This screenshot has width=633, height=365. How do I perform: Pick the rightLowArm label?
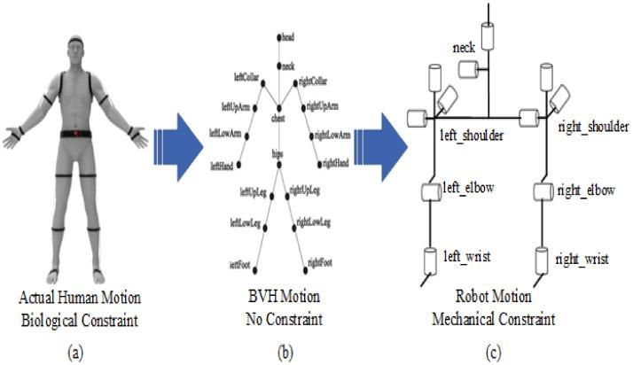tap(332, 136)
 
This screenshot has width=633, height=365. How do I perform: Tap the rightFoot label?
tap(321, 262)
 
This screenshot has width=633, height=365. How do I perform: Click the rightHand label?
tap(336, 163)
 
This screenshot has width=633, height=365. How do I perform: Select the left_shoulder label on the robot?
tap(472, 138)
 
